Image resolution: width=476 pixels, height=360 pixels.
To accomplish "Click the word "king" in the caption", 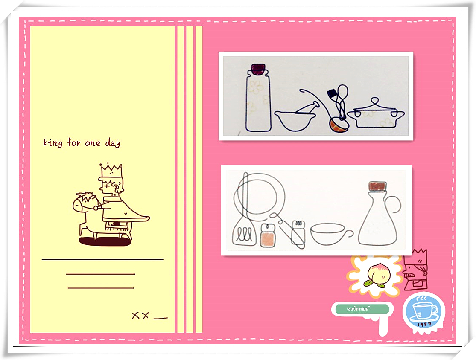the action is tap(53, 142).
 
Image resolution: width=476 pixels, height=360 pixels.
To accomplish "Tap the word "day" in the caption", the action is tap(113, 143).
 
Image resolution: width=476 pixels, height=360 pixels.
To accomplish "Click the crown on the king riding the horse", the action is tap(111, 171).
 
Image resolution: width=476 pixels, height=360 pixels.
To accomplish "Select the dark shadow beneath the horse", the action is tap(105, 241).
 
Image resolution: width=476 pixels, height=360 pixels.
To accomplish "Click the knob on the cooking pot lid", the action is tap(374, 101).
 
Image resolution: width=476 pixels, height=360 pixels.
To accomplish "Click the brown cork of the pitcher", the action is tap(377, 186).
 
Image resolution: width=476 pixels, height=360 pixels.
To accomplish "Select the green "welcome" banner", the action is tap(362, 309).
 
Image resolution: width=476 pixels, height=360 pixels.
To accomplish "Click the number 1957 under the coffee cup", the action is tap(424, 325).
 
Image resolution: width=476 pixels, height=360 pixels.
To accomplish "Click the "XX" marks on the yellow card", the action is tap(140, 315).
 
